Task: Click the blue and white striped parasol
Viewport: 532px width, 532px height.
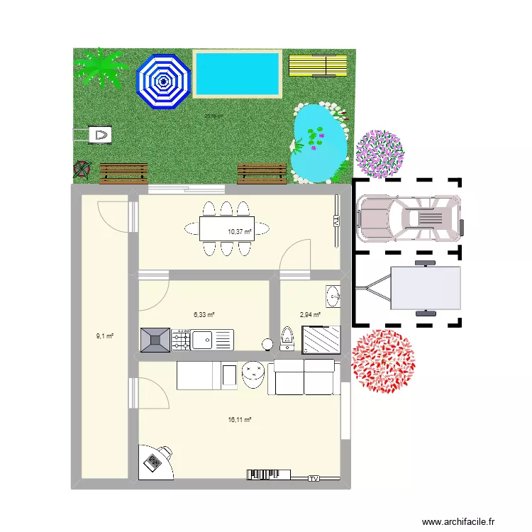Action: tap(164, 82)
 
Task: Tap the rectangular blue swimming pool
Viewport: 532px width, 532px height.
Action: tap(238, 74)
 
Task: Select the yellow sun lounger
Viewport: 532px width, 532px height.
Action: tap(318, 65)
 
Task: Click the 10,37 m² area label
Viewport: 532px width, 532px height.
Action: tap(238, 231)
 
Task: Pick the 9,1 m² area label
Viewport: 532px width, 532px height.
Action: tap(105, 336)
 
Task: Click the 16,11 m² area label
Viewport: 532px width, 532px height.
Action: tap(240, 419)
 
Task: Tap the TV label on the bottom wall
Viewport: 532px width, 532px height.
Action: tap(314, 480)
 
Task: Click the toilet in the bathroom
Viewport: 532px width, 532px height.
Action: tap(288, 338)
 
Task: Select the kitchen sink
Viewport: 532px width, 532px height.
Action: tap(203, 340)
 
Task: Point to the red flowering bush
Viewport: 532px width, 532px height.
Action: tap(383, 362)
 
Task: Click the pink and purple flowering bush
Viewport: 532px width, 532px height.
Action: tap(381, 153)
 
